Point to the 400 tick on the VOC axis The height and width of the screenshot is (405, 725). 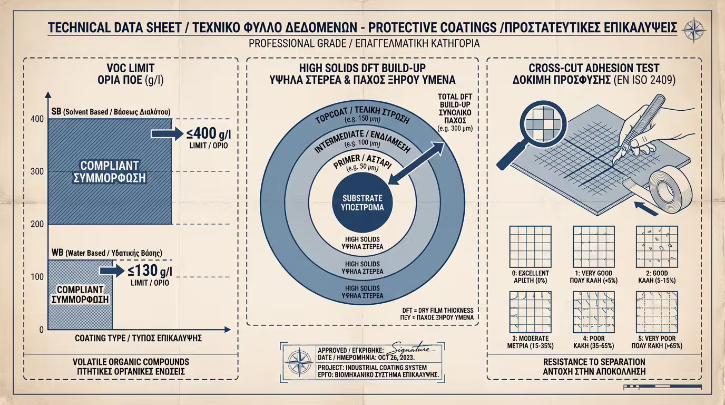click(x=37, y=119)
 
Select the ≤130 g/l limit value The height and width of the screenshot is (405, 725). click(x=150, y=271)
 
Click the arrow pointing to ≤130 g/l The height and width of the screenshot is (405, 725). click(x=111, y=271)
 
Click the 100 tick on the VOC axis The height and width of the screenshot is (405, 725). click(x=37, y=277)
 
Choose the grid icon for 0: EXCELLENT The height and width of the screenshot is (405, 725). click(x=531, y=247)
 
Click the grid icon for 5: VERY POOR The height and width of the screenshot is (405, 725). click(x=657, y=312)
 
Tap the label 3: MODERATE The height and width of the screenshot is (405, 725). click(x=530, y=339)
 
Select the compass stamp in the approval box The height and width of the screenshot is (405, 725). click(x=299, y=363)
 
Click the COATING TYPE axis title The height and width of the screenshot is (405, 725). click(x=139, y=338)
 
